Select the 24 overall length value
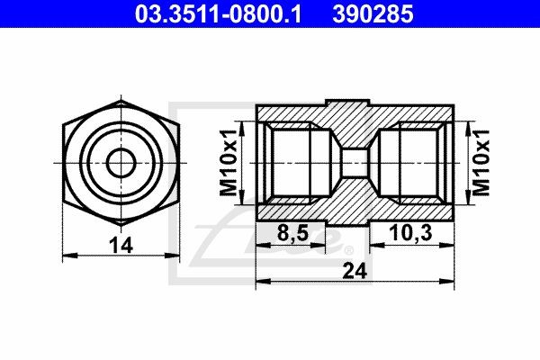(x=355, y=269)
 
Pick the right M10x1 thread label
(x=481, y=163)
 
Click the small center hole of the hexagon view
(x=118, y=163)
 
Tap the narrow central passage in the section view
(x=356, y=163)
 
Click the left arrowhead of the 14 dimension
(x=68, y=257)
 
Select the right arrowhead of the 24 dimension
(x=450, y=283)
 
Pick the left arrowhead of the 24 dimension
(x=262, y=283)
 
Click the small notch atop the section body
(x=356, y=99)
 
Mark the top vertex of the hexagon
(x=118, y=102)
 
